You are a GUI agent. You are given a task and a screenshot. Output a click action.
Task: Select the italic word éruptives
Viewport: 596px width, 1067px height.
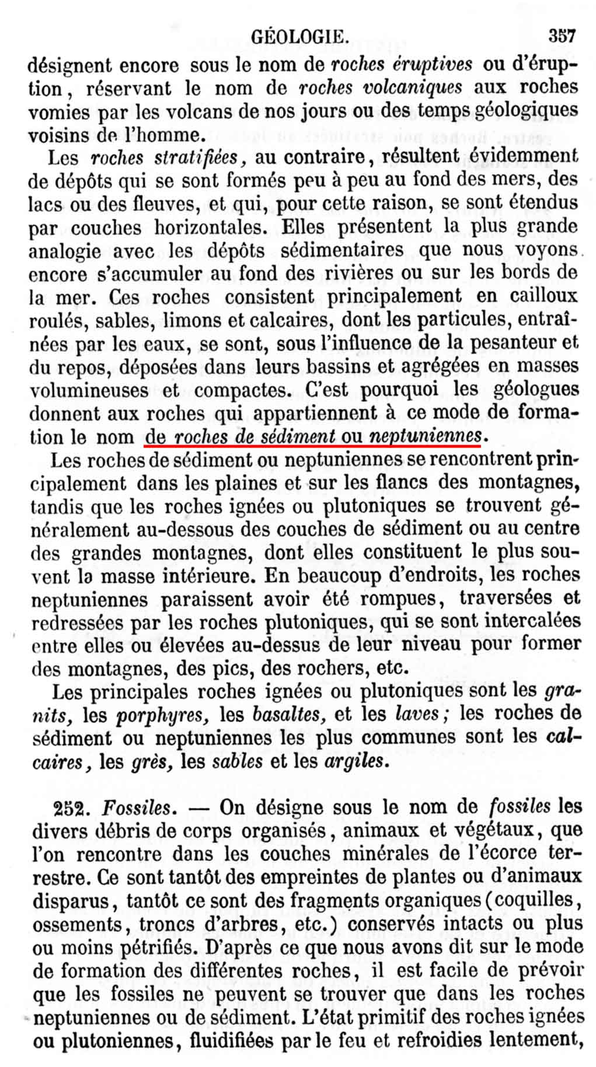(431, 64)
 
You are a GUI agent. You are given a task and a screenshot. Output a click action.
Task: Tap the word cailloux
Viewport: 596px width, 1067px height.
(544, 296)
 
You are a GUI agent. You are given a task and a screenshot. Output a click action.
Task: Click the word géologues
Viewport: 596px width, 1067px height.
(532, 389)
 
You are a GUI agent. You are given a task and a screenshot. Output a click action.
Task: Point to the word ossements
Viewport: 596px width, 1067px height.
(70, 924)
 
